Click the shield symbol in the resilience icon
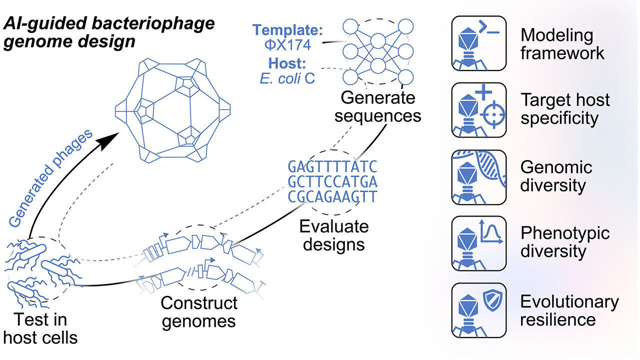(x=492, y=300)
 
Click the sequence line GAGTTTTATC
(x=332, y=167)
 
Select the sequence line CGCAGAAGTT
(x=332, y=196)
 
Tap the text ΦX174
(x=287, y=45)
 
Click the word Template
(x=286, y=29)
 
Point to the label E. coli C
(x=287, y=78)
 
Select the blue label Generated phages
(x=51, y=178)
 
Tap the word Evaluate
(x=334, y=226)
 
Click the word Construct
(x=199, y=303)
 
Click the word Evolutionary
(x=569, y=302)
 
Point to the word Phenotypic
(x=565, y=233)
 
